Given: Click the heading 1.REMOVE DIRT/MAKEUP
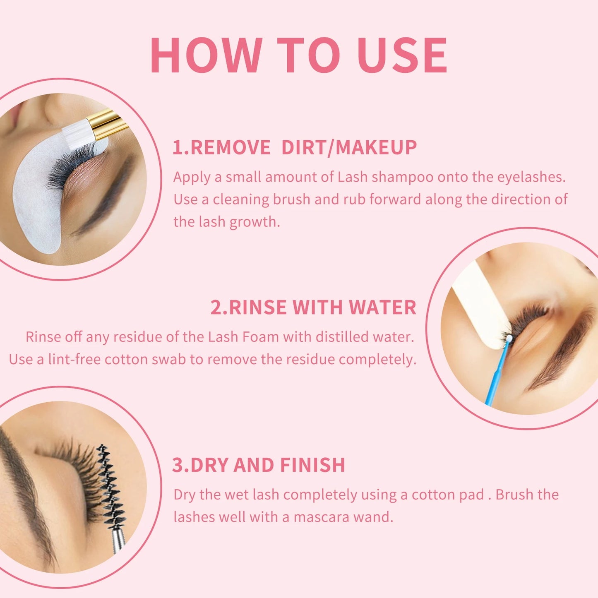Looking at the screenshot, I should (x=294, y=148).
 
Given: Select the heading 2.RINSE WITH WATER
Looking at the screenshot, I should (x=313, y=307).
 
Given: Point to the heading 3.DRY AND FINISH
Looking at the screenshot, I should (x=258, y=465).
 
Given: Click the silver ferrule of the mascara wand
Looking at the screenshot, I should (x=118, y=540).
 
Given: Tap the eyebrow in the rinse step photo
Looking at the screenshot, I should (x=567, y=352).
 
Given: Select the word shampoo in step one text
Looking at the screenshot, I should (x=402, y=177).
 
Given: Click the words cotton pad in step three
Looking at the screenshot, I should (x=447, y=495).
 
